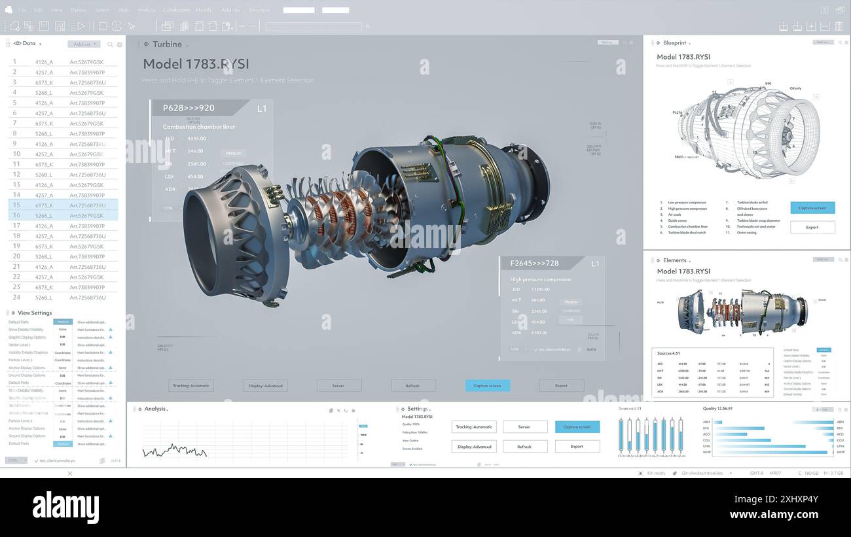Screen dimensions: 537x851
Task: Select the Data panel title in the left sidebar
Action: pyautogui.click(x=29, y=44)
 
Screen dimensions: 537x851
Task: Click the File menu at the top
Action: pyautogui.click(x=22, y=10)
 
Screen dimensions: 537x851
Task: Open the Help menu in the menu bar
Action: pyautogui.click(x=123, y=10)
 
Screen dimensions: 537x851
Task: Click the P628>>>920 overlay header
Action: pyautogui.click(x=189, y=108)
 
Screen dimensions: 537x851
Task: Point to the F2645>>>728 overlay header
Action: pyautogui.click(x=534, y=263)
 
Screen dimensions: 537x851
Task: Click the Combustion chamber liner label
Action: pyautogui.click(x=198, y=127)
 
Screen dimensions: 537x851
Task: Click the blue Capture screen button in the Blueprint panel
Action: pyautogui.click(x=812, y=208)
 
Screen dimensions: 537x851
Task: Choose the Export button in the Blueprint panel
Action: pyautogui.click(x=812, y=227)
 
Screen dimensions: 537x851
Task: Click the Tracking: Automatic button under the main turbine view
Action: pyautogui.click(x=191, y=385)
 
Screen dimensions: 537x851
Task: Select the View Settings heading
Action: pyautogui.click(x=34, y=313)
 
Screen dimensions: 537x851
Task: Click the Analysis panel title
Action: pyautogui.click(x=155, y=409)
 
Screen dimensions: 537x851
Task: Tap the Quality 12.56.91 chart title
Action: pyautogui.click(x=717, y=409)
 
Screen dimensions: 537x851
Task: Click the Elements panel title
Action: pyautogui.click(x=674, y=260)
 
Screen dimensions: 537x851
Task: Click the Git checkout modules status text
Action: pyautogui.click(x=702, y=473)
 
